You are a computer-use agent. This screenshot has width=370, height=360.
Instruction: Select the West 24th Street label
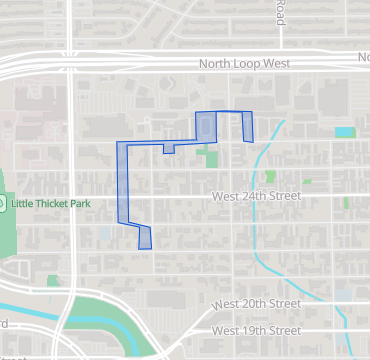256,197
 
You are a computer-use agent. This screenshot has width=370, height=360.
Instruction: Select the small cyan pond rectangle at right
345,131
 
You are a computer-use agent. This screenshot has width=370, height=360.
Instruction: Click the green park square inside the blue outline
207,157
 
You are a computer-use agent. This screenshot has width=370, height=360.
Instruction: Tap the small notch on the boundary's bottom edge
168,148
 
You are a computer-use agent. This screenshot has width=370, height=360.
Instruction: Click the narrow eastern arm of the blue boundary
248,127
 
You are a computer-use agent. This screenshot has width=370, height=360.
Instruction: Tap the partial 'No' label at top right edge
363,59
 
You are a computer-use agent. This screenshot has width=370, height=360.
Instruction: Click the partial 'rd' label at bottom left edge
4,323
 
